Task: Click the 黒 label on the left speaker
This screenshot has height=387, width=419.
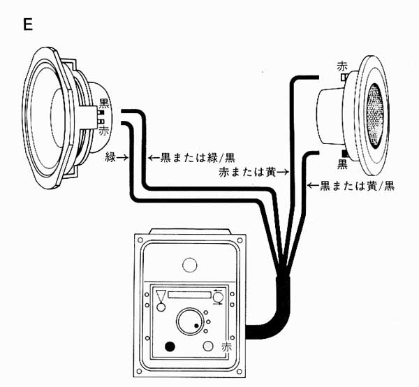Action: click(104, 103)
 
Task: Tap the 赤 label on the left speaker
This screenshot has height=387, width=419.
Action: click(104, 131)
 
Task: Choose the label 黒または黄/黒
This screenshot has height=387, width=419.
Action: click(357, 185)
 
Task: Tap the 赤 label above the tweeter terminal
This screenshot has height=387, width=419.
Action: click(341, 67)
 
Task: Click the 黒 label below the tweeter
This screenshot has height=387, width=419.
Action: click(343, 165)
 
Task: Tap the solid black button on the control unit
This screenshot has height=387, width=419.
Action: click(170, 346)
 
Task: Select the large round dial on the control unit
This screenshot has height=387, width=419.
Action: click(186, 322)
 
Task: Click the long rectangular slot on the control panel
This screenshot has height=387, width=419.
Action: click(189, 295)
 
